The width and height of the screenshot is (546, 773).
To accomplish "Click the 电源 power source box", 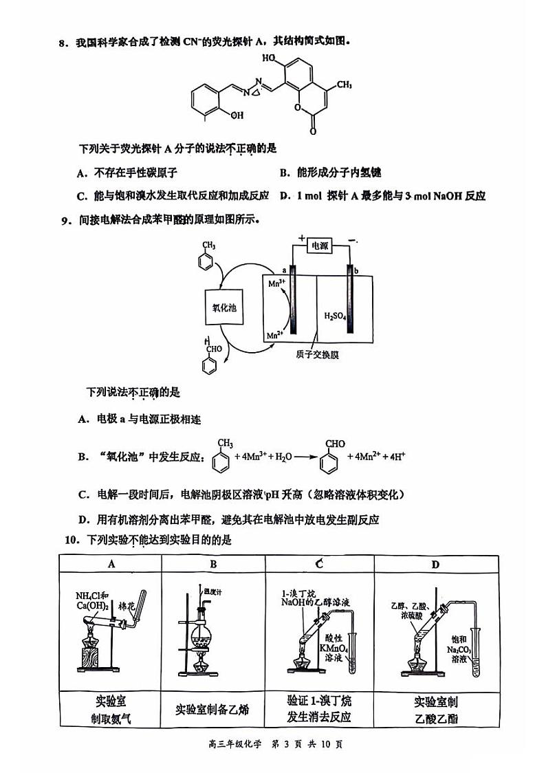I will (x=320, y=246).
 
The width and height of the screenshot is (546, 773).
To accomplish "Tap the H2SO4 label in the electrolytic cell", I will (x=336, y=316).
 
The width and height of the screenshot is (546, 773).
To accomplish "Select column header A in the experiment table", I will (x=111, y=564).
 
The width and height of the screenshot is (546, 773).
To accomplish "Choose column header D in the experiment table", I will (x=435, y=564).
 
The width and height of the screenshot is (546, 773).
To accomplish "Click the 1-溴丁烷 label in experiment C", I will (x=297, y=593).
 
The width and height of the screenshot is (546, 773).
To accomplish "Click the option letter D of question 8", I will (x=285, y=195).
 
